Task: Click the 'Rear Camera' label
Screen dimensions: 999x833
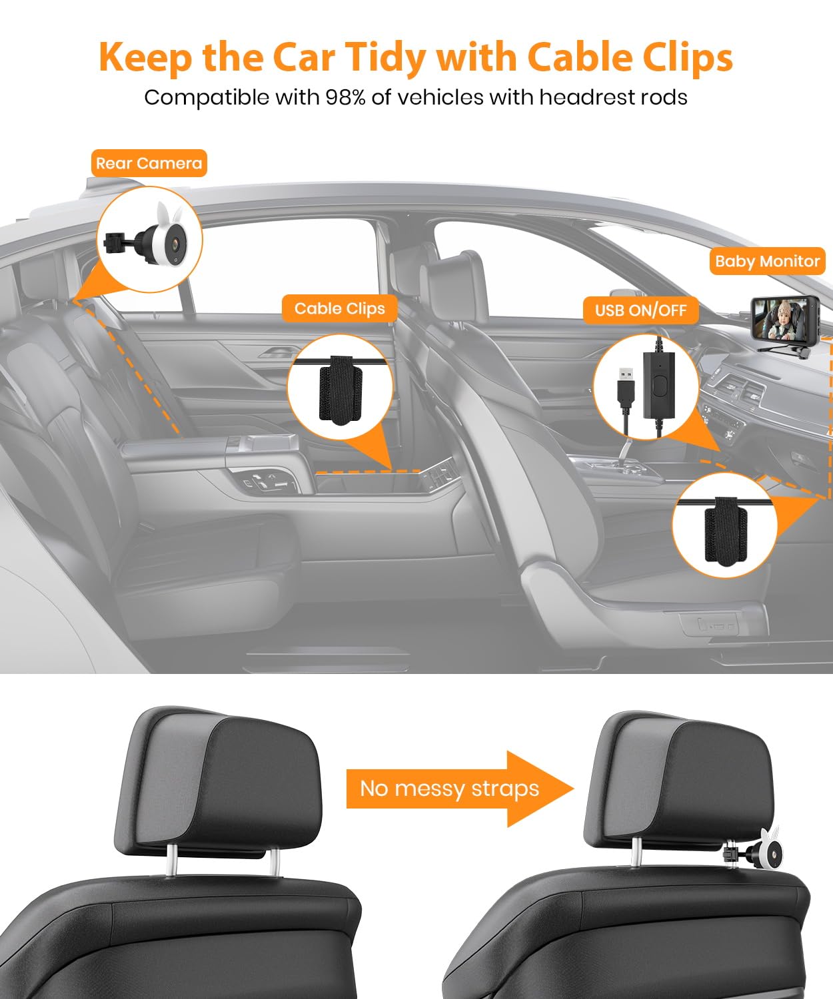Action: click(149, 163)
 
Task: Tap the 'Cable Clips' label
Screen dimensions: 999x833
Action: click(339, 308)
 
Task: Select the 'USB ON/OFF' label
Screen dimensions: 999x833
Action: click(640, 310)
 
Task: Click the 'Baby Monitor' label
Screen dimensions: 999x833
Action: click(767, 261)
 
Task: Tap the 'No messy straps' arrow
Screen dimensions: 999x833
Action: click(459, 789)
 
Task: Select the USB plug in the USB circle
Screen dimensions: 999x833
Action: click(625, 385)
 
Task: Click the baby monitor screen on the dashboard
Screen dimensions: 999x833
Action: click(776, 317)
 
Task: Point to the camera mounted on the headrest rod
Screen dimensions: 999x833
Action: click(766, 852)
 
